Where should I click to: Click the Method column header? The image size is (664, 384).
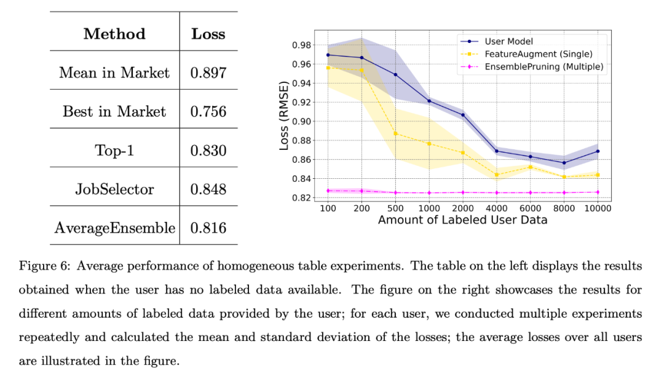click(114, 34)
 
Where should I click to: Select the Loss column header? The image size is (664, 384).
click(208, 34)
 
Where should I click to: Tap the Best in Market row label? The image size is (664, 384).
click(114, 111)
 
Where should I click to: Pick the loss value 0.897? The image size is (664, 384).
click(208, 73)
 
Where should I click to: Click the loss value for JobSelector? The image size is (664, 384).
click(208, 189)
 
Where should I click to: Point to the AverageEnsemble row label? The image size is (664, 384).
click(114, 228)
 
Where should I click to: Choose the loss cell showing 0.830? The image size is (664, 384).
click(208, 151)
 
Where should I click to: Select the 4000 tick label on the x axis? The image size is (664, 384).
click(497, 208)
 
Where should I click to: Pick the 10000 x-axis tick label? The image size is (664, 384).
click(597, 208)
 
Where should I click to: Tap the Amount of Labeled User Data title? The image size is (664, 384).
click(462, 219)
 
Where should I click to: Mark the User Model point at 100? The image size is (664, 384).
click(328, 55)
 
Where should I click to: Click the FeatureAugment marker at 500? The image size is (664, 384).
click(395, 133)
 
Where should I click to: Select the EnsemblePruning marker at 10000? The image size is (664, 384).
click(597, 192)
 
